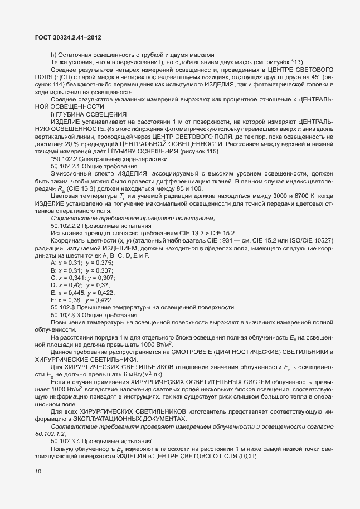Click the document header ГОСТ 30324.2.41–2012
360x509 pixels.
click(67, 37)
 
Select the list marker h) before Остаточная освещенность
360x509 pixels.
click(53, 55)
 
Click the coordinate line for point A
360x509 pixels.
click(81, 262)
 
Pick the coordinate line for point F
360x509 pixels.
click(81, 300)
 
